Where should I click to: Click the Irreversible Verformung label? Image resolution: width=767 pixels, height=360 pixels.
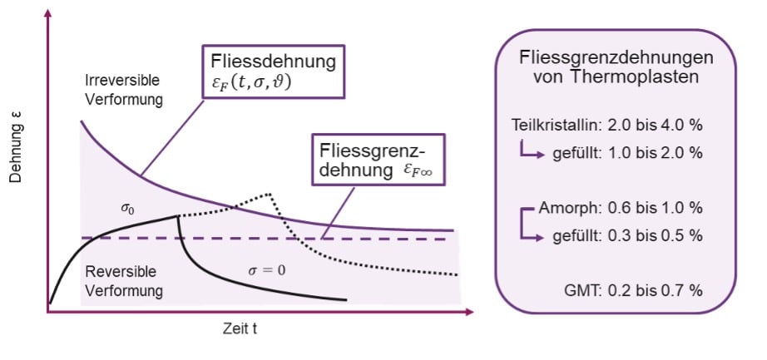pos(124,89)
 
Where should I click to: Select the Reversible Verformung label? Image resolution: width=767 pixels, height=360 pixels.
pos(124,282)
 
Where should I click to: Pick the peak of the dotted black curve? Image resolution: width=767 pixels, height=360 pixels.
pos(271,194)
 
